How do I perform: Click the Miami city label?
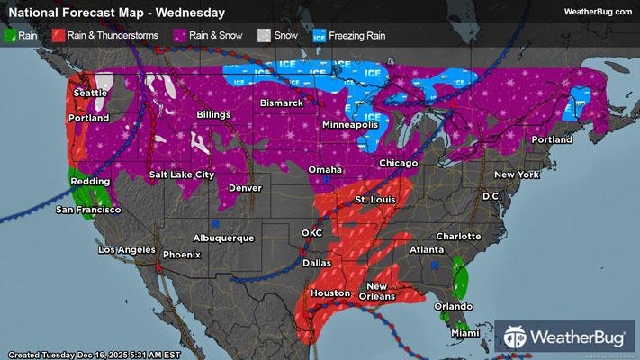(464, 334)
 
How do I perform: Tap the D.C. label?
(491, 195)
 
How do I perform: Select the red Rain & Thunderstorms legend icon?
(57, 38)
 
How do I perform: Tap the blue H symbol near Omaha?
(326, 180)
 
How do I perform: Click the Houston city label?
(329, 293)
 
